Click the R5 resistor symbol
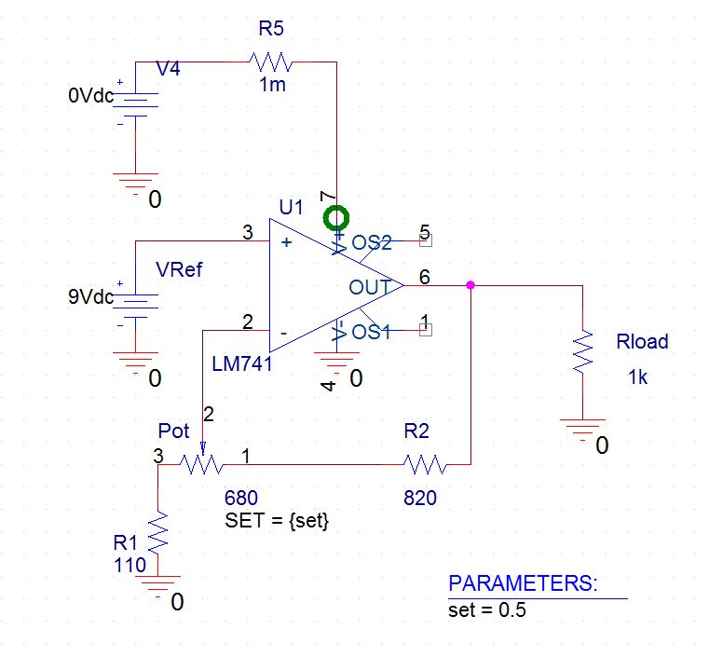click(270, 62)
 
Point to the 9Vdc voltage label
click(90, 298)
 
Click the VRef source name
click(180, 270)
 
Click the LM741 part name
click(242, 364)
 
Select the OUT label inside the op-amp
click(369, 287)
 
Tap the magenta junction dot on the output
click(470, 285)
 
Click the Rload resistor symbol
click(582, 351)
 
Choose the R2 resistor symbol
click(426, 463)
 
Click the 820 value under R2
click(419, 498)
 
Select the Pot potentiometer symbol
click(201, 463)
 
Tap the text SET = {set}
click(278, 521)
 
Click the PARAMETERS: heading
click(523, 584)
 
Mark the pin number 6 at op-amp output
click(425, 276)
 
